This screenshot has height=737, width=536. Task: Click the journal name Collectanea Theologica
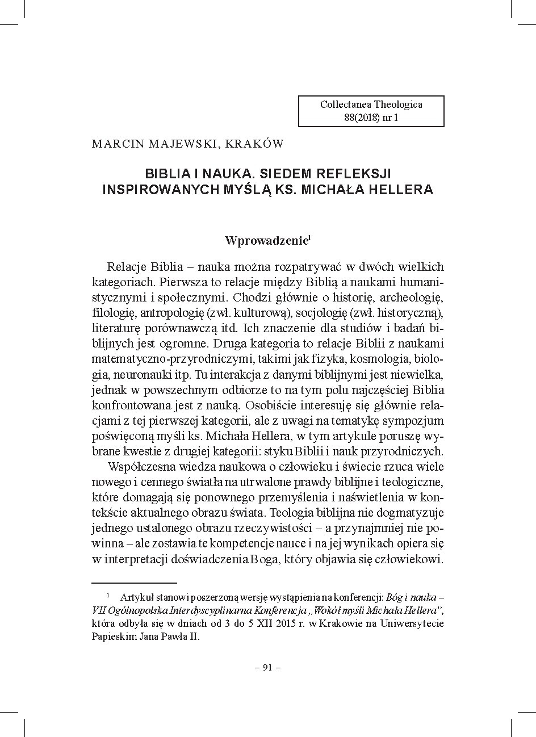point(371,104)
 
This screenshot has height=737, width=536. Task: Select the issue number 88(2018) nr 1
point(371,118)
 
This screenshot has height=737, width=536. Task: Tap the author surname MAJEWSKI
point(181,144)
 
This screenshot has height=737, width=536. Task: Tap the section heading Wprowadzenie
point(265,240)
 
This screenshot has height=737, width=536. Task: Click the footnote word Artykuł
point(135,597)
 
